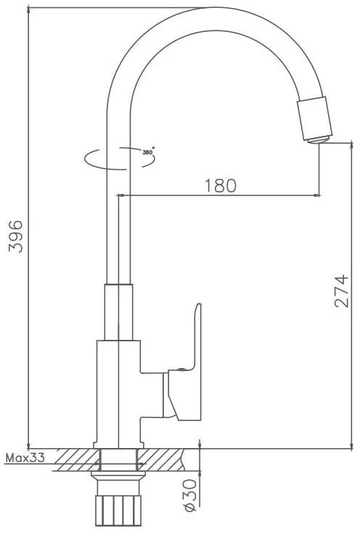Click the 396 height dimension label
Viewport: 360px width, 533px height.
(x=16, y=236)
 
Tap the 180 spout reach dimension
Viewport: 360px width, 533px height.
(x=221, y=186)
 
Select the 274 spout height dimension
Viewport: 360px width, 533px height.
(x=342, y=291)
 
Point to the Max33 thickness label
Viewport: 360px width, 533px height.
(x=25, y=458)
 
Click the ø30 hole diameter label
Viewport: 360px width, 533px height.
(x=189, y=495)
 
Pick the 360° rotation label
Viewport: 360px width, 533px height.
(x=148, y=152)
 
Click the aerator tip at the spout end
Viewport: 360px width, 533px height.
(x=319, y=139)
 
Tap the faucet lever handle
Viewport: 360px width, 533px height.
(x=184, y=362)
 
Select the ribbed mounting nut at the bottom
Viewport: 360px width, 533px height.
(x=118, y=512)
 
